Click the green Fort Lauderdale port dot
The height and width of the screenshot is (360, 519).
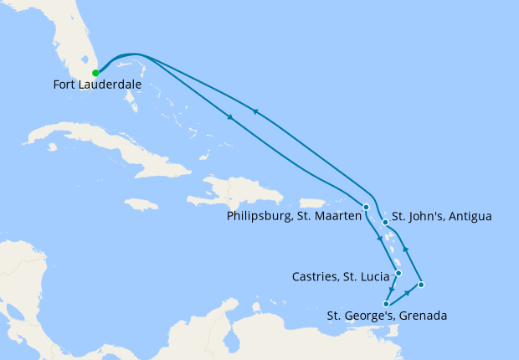point(96,73)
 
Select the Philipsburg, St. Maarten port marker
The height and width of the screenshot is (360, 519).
point(366,207)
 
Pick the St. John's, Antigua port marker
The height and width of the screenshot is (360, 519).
point(385,223)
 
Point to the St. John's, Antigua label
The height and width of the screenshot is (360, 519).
point(442,217)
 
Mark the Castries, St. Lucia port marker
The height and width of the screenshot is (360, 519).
point(398,274)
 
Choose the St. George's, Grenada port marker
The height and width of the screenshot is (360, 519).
point(386,304)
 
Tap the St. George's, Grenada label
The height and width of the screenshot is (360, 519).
point(387,316)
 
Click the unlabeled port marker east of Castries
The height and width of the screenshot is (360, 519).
point(421,285)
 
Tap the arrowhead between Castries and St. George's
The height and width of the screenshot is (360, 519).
point(392,290)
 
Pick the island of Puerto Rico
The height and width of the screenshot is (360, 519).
point(311,203)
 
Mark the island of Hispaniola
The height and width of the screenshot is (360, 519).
point(239,193)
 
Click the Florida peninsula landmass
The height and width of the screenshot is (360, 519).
point(74,42)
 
